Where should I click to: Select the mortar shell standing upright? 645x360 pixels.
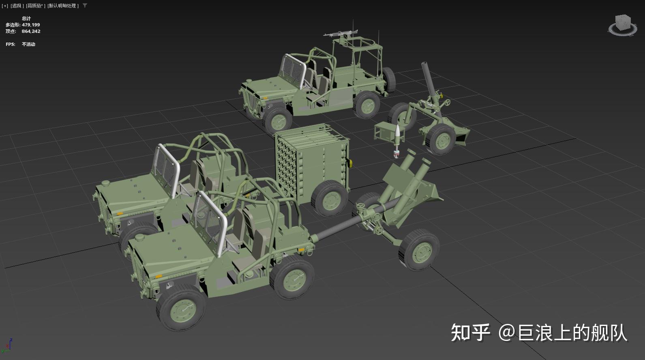(398, 138)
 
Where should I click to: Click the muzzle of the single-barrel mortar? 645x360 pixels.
(424, 64)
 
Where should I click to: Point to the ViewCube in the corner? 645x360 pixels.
(622, 24)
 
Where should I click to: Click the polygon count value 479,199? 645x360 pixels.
(31, 25)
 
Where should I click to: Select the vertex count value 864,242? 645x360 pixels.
(31, 31)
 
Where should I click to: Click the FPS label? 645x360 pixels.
(10, 44)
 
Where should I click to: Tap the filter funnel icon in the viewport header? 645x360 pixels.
(85, 6)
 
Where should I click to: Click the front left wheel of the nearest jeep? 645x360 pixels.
(181, 307)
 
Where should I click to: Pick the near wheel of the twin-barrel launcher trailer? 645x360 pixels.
(419, 249)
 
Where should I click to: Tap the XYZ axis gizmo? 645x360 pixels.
(8, 345)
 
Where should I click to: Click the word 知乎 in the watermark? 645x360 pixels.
(470, 332)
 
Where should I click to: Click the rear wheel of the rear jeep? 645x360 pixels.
(367, 105)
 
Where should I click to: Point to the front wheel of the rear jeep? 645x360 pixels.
(278, 120)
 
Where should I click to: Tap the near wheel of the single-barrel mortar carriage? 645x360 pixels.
(440, 139)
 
